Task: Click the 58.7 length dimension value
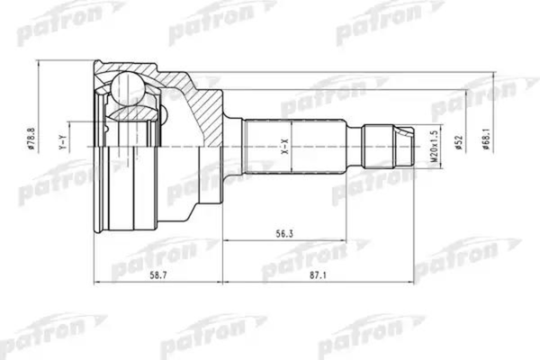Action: pyautogui.click(x=158, y=275)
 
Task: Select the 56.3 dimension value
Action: pyautogui.click(x=284, y=234)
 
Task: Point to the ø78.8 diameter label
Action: pyautogui.click(x=31, y=138)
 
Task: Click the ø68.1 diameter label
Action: pyautogui.click(x=486, y=138)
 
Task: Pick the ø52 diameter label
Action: pyautogui.click(x=459, y=142)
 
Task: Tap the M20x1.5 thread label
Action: pyautogui.click(x=434, y=147)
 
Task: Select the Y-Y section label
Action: pyautogui.click(x=62, y=142)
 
